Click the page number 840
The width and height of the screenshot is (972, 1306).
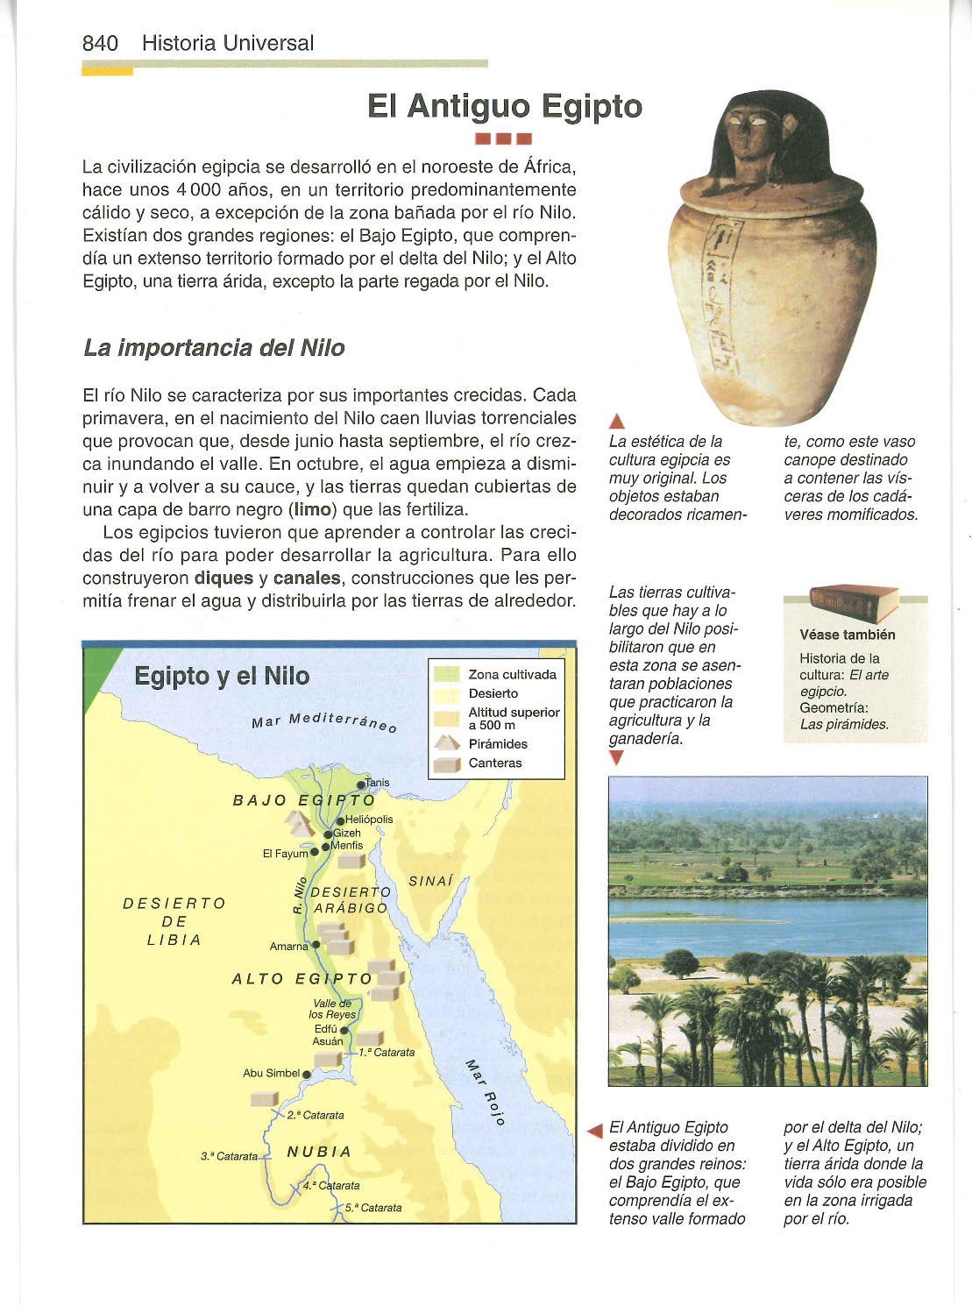point(100,43)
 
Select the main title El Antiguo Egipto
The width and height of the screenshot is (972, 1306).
point(504,106)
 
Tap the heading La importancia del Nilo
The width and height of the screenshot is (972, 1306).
point(214,348)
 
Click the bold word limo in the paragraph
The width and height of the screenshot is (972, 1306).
point(312,509)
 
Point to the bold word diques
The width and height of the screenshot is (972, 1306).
point(223,578)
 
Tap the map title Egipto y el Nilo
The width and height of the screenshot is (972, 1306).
point(222,676)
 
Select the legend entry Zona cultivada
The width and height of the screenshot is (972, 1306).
point(512,674)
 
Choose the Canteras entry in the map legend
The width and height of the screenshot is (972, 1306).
point(494,763)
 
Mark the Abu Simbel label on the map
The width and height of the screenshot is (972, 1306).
point(271,1073)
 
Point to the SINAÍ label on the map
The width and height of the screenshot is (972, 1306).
point(430,881)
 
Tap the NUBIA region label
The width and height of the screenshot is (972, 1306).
point(319,1151)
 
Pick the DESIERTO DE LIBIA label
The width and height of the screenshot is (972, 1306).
point(174,921)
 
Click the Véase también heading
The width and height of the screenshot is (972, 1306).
point(847,635)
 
